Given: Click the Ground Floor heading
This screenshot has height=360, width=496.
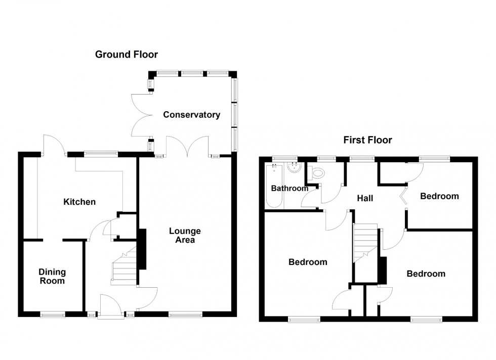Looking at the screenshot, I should pos(127,54).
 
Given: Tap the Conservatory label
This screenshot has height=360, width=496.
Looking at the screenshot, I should pos(191,115).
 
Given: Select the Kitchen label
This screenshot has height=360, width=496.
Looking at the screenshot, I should pos(79,202).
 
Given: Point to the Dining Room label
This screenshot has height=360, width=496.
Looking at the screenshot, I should pos(52,277).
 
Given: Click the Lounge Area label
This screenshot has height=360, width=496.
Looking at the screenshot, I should pos(185,236).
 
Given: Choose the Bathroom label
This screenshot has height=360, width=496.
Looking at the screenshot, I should pos(289,189).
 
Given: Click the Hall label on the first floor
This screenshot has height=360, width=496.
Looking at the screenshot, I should pos(365,198).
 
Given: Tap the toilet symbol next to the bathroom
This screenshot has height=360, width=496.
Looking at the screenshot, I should pos(317,173).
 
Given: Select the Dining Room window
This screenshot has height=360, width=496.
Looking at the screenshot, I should pos(53,314).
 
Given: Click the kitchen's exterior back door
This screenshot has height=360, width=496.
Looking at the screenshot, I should pos(54,145).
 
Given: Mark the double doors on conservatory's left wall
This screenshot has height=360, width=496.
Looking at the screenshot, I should pos(140,115).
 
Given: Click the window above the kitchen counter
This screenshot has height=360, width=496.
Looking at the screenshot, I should pos(101,154).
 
